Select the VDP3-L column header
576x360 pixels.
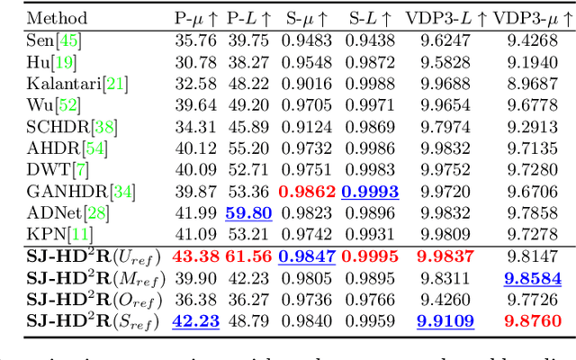point(448,17)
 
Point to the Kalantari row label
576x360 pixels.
point(77,83)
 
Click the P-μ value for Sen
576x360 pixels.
point(193,40)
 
